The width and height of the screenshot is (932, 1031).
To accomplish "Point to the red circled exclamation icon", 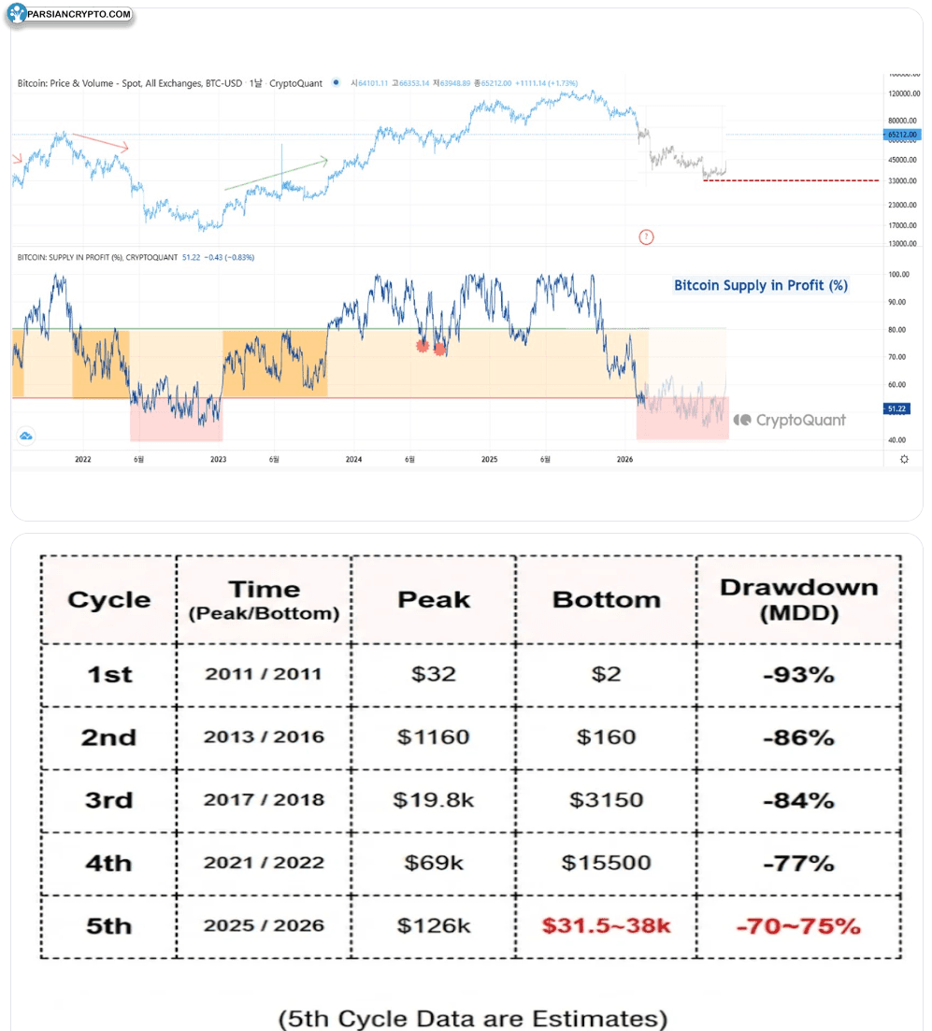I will pos(646,237).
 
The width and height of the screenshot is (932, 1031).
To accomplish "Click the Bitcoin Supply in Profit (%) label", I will pos(761,285).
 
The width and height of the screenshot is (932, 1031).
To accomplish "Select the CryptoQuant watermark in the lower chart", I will pos(790,421).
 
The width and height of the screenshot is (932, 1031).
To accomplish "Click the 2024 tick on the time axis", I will pos(353,459).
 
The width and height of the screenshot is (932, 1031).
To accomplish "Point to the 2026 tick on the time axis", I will pos(625,459).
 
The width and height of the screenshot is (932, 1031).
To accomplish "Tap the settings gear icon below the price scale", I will pos(903,459).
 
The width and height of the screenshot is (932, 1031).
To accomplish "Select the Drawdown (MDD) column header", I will pos(798,599).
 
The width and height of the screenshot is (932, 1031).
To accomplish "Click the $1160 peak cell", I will pos(433,737).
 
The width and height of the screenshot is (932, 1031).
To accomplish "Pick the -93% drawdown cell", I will pos(798,674).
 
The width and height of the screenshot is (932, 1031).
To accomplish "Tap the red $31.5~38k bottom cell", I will pos(606,926).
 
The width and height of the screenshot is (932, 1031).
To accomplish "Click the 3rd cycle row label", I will pos(108,800).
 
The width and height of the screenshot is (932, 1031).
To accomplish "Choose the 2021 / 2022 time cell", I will pos(265,863).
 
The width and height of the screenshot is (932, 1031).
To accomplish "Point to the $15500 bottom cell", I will pos(606,863).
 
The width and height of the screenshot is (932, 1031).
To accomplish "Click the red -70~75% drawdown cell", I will pos(798,926).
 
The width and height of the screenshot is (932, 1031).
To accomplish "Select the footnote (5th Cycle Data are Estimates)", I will pos(473,1017).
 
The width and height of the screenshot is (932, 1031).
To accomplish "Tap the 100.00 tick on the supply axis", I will pos(899,274).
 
